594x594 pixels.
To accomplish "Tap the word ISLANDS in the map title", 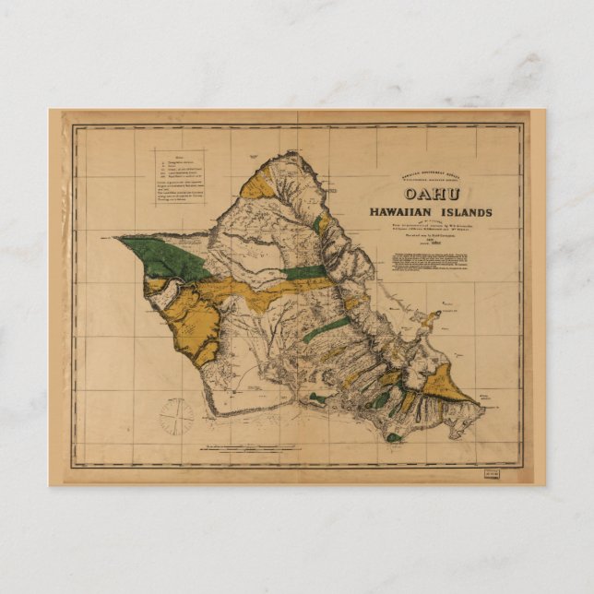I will point(468,212).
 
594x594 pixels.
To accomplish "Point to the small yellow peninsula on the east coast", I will point(426,320).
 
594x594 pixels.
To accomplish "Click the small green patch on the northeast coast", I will point(318,224).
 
